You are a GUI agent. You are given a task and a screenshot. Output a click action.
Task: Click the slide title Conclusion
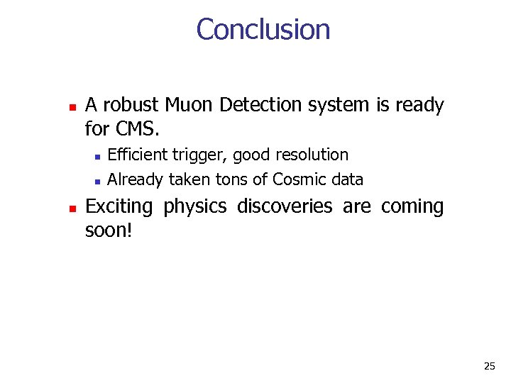(x=263, y=30)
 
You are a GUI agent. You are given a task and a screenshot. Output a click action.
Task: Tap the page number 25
(x=489, y=366)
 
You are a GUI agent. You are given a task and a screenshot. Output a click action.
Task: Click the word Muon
(x=189, y=106)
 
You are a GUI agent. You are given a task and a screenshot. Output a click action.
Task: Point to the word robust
(x=131, y=106)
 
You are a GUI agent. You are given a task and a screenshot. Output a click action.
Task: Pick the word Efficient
(x=137, y=155)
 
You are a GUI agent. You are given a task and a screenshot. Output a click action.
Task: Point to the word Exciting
(x=119, y=206)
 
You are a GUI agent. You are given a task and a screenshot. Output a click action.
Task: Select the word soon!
(x=109, y=231)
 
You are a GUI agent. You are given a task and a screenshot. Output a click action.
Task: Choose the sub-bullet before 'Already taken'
(x=97, y=181)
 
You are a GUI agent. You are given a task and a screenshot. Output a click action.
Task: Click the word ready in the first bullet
(x=419, y=106)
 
